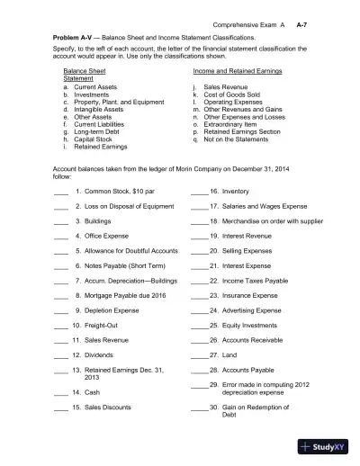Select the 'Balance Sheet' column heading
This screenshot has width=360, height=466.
coord(84,69)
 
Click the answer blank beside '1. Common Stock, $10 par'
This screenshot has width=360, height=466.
coord(60,193)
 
